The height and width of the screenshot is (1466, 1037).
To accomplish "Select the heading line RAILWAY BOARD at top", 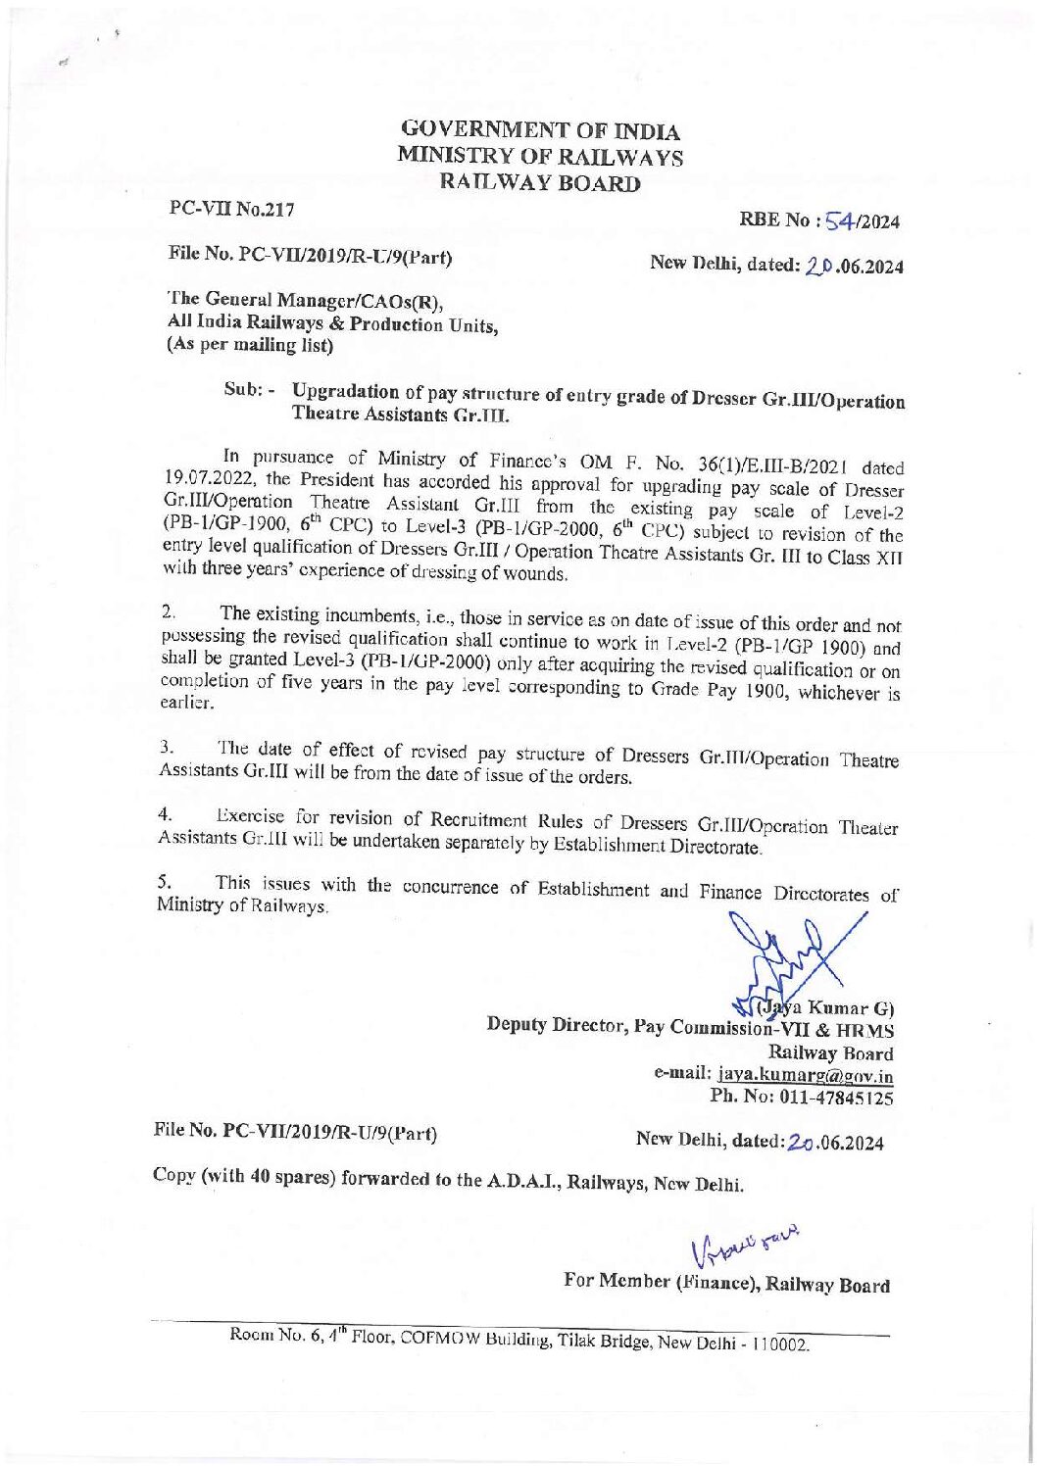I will coord(541,181).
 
